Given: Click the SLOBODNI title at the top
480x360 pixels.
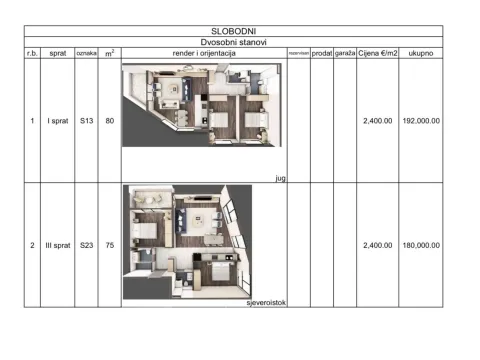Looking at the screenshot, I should pyautogui.click(x=240, y=32).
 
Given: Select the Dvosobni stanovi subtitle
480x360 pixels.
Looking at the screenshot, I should pyautogui.click(x=240, y=43).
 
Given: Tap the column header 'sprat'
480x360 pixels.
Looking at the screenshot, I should pyautogui.click(x=56, y=53).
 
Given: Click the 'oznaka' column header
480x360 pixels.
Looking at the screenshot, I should pyautogui.click(x=86, y=53).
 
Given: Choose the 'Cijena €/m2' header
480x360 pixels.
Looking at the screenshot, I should pyautogui.click(x=378, y=53).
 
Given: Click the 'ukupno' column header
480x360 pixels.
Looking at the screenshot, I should pyautogui.click(x=421, y=53).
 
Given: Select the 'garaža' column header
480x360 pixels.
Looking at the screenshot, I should pyautogui.click(x=346, y=53).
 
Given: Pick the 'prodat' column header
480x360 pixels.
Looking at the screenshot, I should pyautogui.click(x=322, y=53).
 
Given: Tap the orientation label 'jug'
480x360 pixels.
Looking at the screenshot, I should pyautogui.click(x=279, y=177).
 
